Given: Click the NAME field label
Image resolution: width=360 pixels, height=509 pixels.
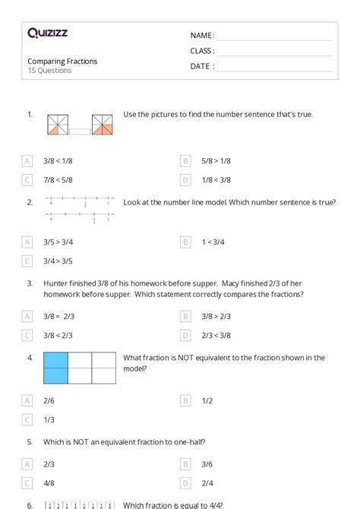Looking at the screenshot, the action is [202, 35].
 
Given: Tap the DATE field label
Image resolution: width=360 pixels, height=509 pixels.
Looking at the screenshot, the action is [202, 66].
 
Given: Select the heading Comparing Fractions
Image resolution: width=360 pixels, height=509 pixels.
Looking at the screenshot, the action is [62, 61].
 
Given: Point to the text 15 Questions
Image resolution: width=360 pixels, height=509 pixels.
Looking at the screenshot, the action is [49, 71].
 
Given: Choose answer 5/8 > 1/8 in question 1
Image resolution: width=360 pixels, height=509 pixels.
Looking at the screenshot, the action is [216, 161].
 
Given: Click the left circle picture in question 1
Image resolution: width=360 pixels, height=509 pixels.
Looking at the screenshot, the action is [57, 125].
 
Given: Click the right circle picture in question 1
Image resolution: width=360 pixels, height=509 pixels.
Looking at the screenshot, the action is [102, 125].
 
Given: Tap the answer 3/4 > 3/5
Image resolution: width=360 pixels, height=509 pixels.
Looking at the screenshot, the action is [58, 261].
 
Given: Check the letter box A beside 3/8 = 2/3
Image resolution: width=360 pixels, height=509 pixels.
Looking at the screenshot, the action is [27, 315].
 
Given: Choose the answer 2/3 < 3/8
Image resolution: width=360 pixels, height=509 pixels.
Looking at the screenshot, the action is [216, 334].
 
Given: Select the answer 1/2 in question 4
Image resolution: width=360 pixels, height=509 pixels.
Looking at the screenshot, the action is [207, 400].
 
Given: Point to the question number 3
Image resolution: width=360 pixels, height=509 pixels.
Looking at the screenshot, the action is [30, 283].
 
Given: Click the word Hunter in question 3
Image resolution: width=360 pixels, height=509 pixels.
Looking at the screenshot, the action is [59, 283].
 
